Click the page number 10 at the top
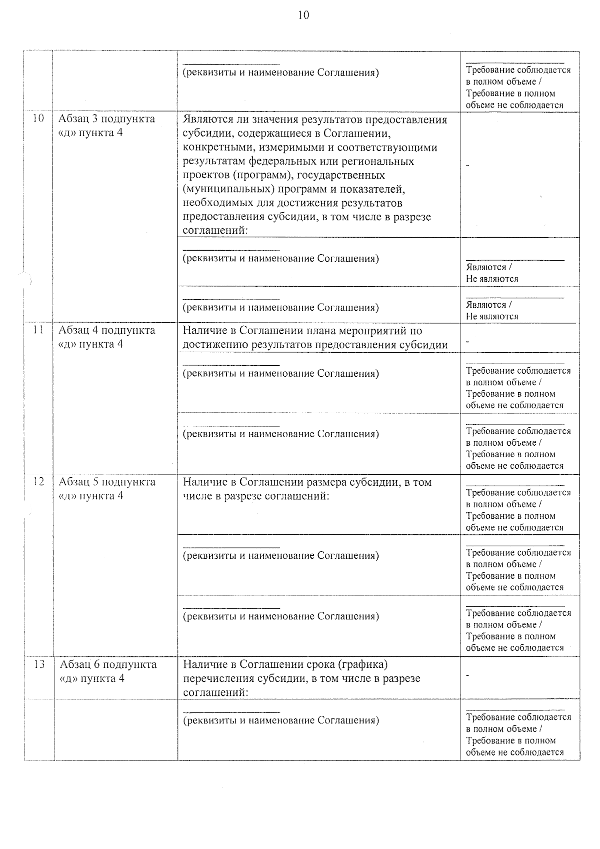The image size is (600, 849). click(303, 16)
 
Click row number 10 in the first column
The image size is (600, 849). click(38, 119)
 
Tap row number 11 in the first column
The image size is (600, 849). click(38, 330)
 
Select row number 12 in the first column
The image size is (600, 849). click(38, 482)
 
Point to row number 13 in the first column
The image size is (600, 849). click(38, 664)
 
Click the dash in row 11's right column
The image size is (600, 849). click(467, 342)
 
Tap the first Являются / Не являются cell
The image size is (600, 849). click(492, 273)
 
